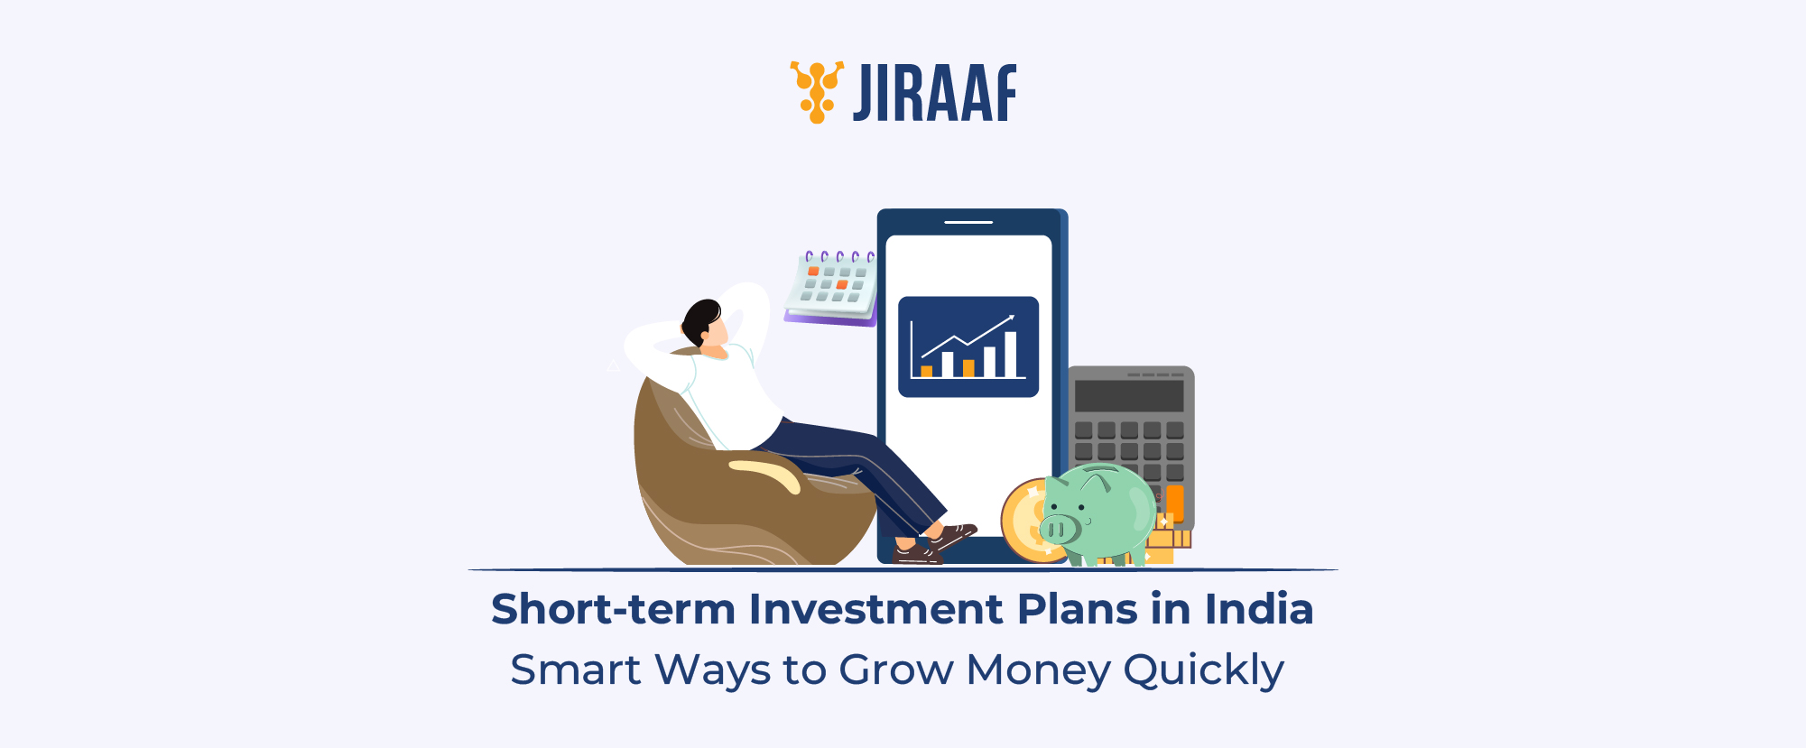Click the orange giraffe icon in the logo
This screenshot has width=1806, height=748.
tap(817, 91)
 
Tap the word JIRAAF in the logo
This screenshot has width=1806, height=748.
tap(935, 93)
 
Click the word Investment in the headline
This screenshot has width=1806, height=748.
tap(875, 609)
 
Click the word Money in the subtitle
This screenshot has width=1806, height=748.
tap(1038, 670)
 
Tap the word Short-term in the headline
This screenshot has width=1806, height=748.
tap(613, 609)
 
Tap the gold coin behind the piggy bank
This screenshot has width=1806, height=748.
tap(1024, 519)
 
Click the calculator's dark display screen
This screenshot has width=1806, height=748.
tap(1128, 396)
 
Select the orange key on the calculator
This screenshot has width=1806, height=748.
tap(1175, 502)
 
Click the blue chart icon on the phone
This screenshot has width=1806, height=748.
tap(968, 346)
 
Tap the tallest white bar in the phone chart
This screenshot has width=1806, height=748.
tap(1011, 354)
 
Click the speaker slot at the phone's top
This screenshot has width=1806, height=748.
tap(968, 222)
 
